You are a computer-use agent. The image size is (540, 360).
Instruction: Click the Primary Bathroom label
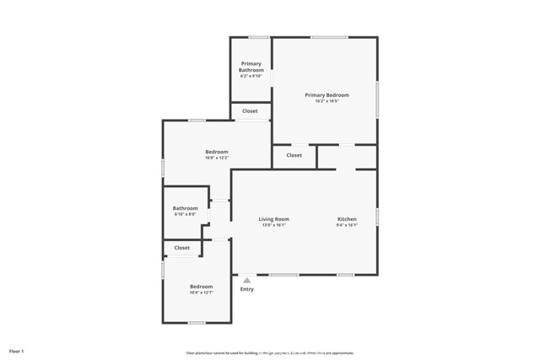251,67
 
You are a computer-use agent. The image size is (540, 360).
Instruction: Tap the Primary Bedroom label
327,95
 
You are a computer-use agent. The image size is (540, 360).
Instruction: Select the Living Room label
273,219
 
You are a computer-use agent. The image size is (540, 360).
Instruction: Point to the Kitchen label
347,219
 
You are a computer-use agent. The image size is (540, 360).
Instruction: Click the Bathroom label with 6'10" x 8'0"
185,208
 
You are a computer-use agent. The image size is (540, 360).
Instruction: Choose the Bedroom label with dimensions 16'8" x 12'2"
216,152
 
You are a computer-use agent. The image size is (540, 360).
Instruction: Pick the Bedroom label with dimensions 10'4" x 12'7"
201,287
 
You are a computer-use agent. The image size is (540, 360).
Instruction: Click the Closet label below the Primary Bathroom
250,111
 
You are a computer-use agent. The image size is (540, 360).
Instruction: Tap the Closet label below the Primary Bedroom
294,155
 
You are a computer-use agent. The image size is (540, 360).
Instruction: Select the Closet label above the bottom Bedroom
182,248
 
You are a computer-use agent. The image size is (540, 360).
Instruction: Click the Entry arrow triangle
246,281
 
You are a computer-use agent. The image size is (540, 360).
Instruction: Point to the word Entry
246,289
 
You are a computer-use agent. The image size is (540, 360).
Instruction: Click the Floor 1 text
17,351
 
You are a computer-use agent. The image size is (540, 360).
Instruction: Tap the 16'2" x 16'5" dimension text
327,101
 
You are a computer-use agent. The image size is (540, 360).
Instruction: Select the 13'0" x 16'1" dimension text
273,225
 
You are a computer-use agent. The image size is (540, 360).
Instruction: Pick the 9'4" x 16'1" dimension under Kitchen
347,225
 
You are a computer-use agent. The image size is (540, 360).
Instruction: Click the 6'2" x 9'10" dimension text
251,76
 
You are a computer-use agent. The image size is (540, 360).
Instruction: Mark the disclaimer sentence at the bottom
270,353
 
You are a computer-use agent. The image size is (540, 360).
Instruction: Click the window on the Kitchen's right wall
377,217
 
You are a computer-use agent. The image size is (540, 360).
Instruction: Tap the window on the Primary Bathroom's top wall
259,37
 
